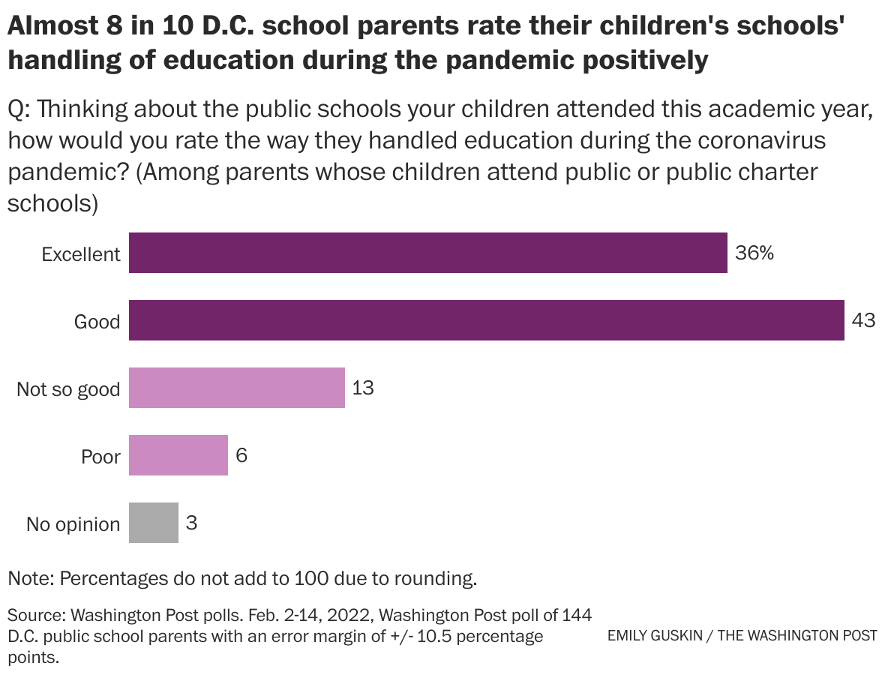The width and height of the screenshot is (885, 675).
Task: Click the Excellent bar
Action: tap(427, 253)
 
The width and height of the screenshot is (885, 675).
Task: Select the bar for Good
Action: tap(486, 320)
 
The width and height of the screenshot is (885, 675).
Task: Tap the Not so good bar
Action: tap(236, 388)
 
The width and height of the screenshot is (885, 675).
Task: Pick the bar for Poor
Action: tap(178, 455)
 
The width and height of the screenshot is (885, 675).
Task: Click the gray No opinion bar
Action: tap(153, 523)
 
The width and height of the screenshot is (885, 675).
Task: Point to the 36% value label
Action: tap(754, 253)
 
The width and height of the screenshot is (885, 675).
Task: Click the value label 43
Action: tap(863, 321)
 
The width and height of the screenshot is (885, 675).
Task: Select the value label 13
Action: tap(362, 388)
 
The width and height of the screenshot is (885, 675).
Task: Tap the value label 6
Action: tap(241, 455)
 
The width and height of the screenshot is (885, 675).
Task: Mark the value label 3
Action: tap(191, 523)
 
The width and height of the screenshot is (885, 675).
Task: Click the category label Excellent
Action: tap(80, 254)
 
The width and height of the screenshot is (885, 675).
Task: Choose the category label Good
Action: tap(97, 322)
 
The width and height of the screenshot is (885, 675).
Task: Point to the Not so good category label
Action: tap(68, 389)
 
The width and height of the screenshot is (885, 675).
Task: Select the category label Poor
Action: tap(100, 457)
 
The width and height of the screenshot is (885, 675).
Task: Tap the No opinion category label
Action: tap(73, 524)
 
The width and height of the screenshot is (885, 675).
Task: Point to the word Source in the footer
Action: tap(34, 616)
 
